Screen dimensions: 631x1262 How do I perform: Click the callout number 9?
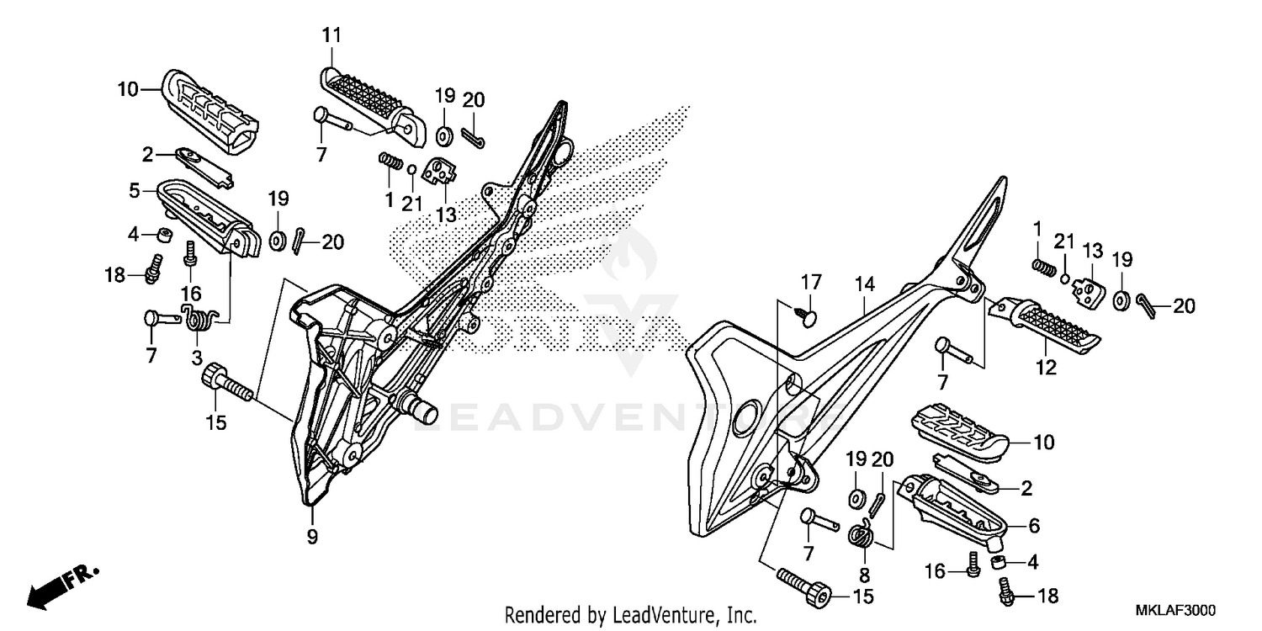[312, 537]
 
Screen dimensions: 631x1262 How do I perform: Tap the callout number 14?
[865, 284]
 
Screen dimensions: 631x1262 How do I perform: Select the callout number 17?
[809, 280]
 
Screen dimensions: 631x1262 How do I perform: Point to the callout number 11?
[331, 35]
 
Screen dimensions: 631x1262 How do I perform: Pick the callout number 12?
[1046, 367]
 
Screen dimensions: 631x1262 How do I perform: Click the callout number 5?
[135, 191]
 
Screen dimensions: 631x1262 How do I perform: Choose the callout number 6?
[1034, 526]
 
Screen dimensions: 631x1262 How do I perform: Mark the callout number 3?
[197, 358]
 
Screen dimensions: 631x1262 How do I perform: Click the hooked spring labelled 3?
[199, 321]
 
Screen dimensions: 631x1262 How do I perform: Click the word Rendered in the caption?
[538, 615]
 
